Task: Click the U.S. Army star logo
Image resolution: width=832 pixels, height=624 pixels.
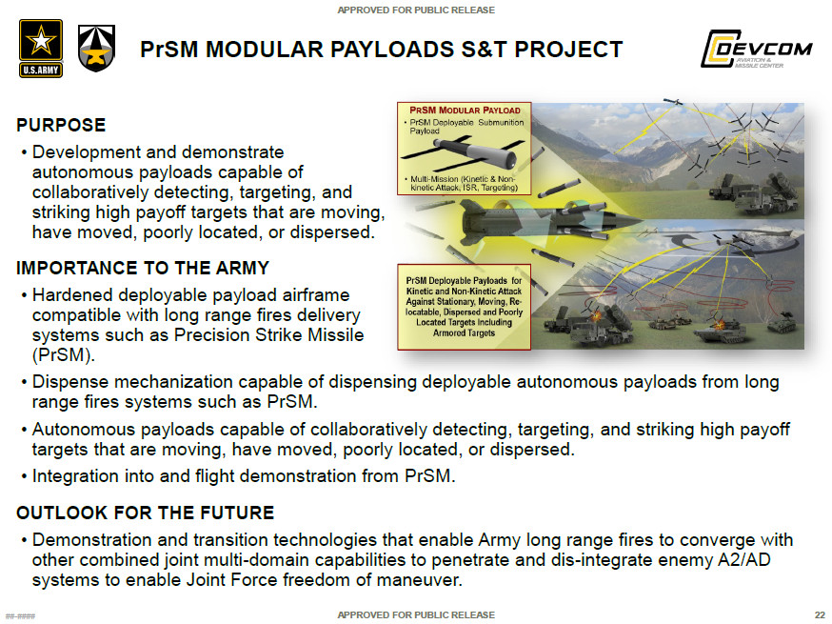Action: pyautogui.click(x=40, y=49)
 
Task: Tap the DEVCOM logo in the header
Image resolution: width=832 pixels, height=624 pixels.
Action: pyautogui.click(x=756, y=50)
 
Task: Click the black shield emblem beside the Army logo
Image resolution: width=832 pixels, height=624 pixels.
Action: pyautogui.click(x=96, y=49)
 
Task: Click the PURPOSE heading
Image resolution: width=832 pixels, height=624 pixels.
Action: pyautogui.click(x=61, y=126)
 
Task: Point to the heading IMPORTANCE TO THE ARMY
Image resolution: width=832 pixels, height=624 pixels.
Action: pyautogui.click(x=143, y=269)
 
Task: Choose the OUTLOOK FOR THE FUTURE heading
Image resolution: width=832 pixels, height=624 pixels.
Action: pyautogui.click(x=145, y=513)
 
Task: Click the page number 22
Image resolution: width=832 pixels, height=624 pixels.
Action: pyautogui.click(x=820, y=614)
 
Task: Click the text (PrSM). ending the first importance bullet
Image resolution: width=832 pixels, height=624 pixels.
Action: pyautogui.click(x=64, y=355)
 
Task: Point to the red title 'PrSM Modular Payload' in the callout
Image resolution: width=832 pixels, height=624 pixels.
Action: pyautogui.click(x=465, y=111)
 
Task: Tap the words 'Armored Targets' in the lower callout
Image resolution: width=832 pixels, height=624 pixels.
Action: pyautogui.click(x=465, y=333)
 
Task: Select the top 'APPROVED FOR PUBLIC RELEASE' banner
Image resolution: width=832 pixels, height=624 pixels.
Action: pyautogui.click(x=416, y=10)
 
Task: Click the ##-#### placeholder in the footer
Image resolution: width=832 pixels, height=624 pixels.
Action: pyautogui.click(x=21, y=615)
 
